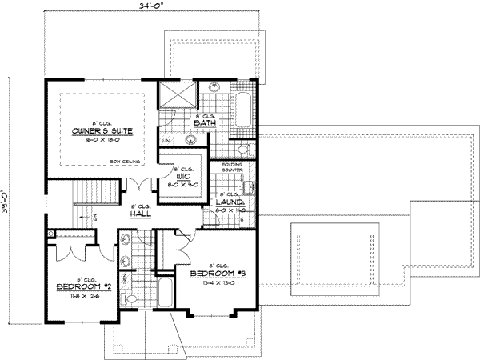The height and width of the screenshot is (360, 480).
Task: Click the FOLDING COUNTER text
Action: click(x=232, y=169)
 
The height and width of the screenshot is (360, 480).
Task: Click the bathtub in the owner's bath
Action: click(x=243, y=110)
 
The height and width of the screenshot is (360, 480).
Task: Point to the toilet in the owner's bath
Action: click(x=243, y=149)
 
